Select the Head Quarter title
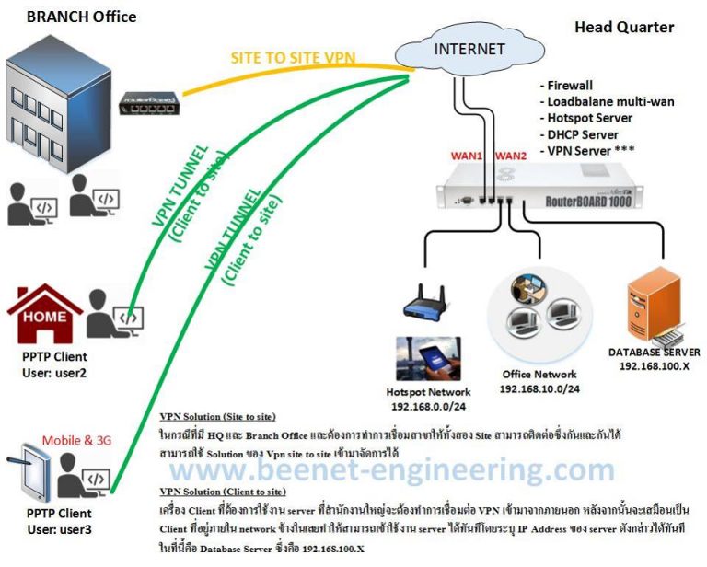pyautogui.click(x=623, y=27)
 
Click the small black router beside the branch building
pyautogui.click(x=149, y=110)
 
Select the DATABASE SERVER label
pyautogui.click(x=654, y=352)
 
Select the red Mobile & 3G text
pyautogui.click(x=80, y=440)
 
